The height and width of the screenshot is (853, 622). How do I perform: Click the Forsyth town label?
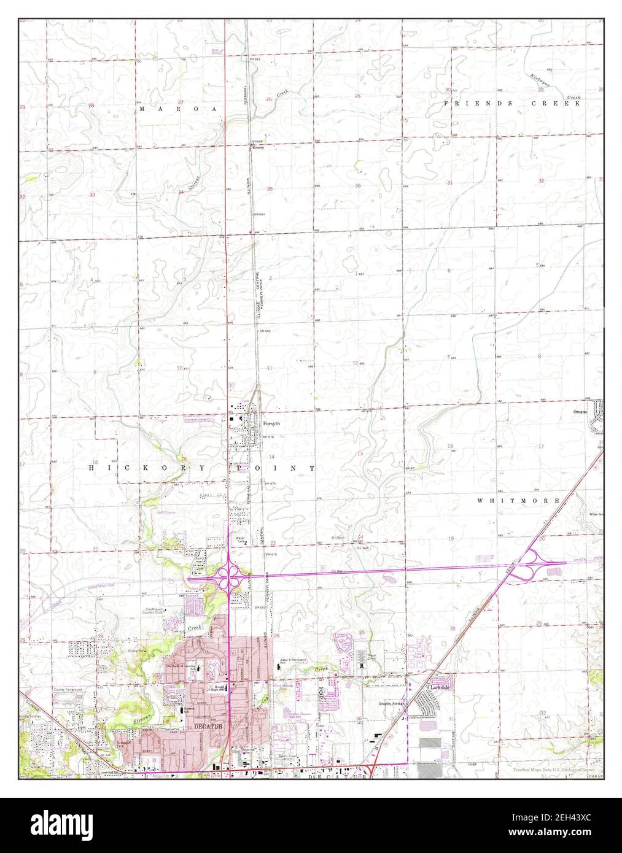271,423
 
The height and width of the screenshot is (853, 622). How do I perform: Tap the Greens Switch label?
391,703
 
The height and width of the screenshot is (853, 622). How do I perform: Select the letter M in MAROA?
142,109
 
